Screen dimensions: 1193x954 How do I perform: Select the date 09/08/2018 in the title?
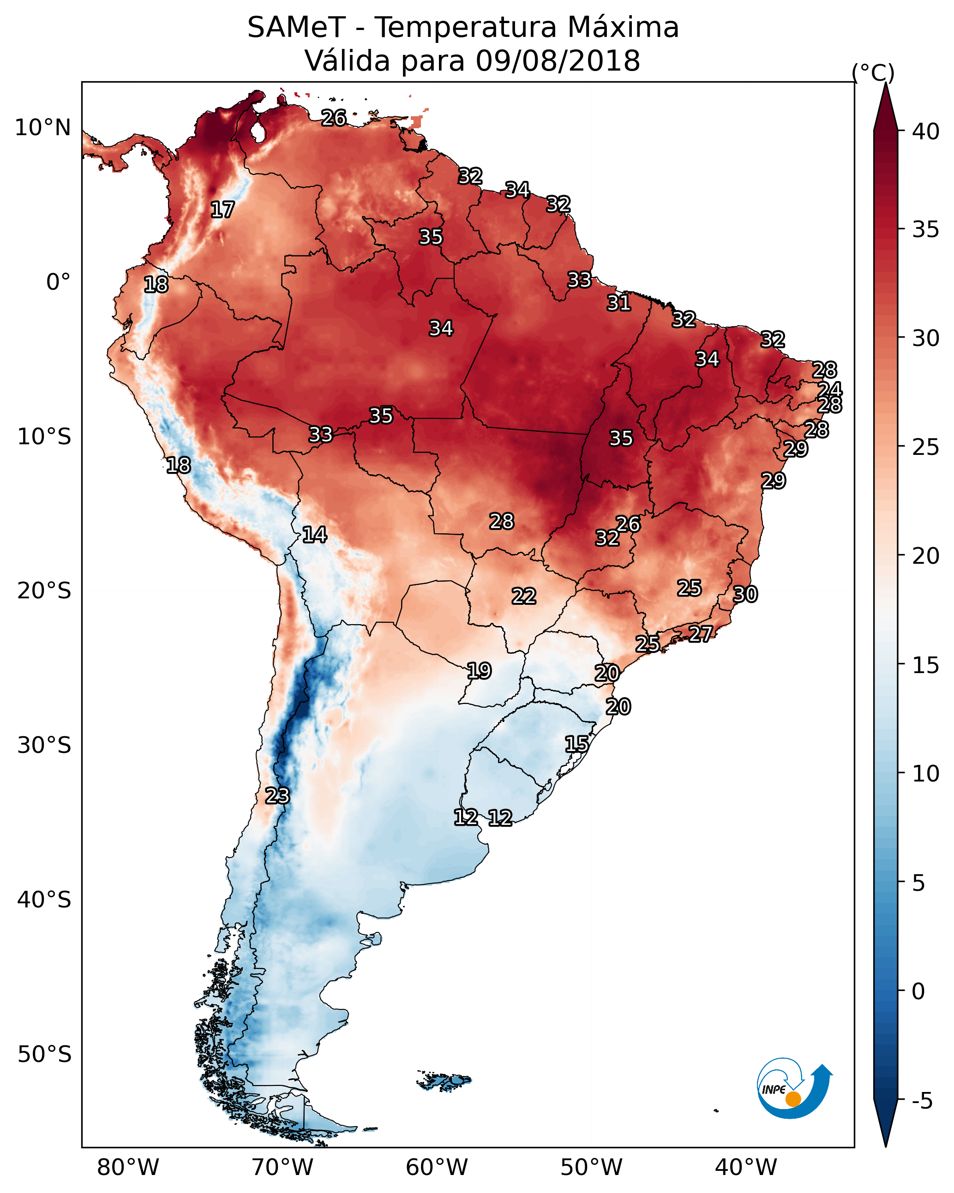coord(557,61)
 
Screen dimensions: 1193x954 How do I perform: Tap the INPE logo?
coord(793,1090)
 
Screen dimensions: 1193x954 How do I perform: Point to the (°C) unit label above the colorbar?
coord(873,72)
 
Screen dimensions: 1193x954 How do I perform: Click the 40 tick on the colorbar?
coord(926,131)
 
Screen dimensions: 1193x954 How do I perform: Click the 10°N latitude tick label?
coord(42,128)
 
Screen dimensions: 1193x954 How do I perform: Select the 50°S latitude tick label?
coord(44,1055)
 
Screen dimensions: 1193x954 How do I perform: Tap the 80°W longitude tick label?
coord(128,1168)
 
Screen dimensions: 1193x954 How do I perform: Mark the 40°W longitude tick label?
coord(746,1168)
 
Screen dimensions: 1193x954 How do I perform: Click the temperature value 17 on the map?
coord(222,210)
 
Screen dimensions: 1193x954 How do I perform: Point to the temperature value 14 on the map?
coord(314,535)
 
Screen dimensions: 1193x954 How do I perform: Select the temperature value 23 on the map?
coord(277,796)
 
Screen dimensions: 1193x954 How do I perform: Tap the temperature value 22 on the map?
coord(524,596)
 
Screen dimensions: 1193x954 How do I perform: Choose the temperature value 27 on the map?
coord(701,633)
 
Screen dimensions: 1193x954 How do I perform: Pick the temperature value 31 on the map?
coord(618,303)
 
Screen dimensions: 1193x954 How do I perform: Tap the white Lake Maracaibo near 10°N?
coord(258,131)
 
